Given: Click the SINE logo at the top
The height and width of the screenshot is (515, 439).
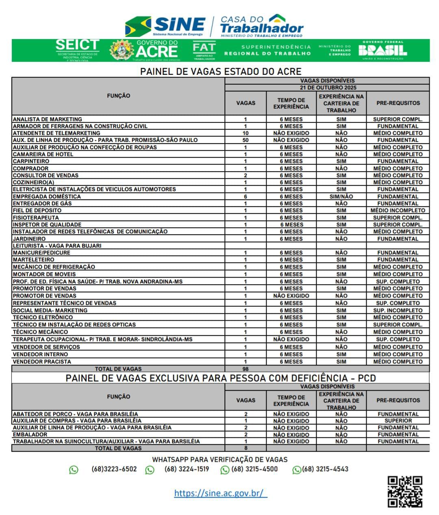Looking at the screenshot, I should coord(166,26).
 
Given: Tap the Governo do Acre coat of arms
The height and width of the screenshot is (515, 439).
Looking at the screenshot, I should coord(122,50).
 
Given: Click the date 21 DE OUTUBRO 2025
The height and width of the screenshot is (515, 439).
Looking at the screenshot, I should coord(327,88).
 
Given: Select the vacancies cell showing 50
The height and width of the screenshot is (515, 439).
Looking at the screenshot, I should coord(246,140).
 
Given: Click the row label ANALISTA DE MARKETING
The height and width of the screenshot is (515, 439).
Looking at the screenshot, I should coord(48,120).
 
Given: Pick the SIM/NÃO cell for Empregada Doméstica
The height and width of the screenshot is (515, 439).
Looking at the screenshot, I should coord(341,197).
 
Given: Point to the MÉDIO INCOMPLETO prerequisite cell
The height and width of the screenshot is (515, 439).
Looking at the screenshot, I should coord(398,211).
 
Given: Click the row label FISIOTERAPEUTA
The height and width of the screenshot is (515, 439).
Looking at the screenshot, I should coord(36,218).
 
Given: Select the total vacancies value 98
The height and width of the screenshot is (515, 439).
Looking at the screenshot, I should coord(246,369).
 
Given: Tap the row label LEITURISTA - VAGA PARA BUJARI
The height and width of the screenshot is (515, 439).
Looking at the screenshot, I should coord(57,246).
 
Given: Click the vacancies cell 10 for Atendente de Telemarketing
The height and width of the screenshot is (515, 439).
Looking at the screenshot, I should coord(246,133).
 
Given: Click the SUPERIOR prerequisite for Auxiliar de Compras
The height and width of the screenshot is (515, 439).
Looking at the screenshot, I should coord(398,421).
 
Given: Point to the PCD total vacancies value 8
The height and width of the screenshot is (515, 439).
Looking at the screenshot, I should coord(246,448).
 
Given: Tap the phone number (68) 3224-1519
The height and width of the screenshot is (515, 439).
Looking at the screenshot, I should coord(187,469).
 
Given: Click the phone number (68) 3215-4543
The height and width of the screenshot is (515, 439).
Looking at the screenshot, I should coord(325,469).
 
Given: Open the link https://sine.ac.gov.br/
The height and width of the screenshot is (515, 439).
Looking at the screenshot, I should coord(221,493).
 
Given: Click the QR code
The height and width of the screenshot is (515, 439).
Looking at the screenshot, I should coord(404,492).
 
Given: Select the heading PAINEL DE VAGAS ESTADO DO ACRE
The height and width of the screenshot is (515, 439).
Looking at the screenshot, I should coord(220,72).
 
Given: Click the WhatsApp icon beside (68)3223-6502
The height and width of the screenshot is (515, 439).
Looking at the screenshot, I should coord(74,470).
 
